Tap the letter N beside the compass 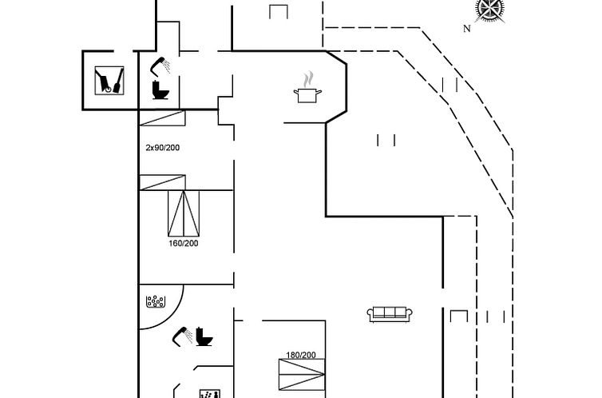tap(467, 29)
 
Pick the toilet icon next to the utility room tap(160, 89)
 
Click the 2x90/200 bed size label tap(163, 148)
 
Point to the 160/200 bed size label tap(184, 243)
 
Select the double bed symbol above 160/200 tap(184, 211)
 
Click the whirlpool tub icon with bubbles tap(155, 302)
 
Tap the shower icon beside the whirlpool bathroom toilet tap(182, 334)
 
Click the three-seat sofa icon tap(389, 314)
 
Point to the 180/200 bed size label tap(301, 355)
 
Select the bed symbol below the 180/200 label tap(302, 377)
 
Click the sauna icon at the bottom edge tap(209, 393)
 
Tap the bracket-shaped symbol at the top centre tap(279, 12)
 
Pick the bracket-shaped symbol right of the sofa tap(457, 316)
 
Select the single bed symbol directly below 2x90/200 tap(162, 182)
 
